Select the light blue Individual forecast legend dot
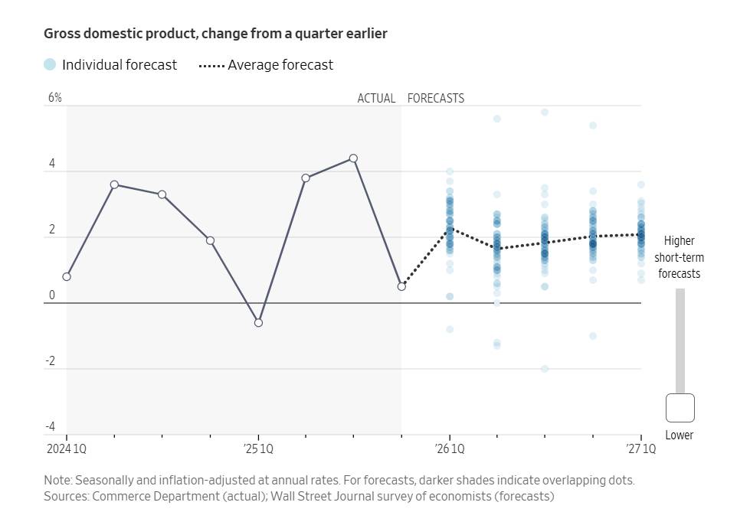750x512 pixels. [50, 65]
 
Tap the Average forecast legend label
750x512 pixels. [280, 65]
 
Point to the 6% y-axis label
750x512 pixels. [55, 98]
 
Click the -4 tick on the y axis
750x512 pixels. [52, 427]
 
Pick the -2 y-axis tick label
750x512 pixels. [52, 361]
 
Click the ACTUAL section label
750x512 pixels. [376, 99]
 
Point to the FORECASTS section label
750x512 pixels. [436, 99]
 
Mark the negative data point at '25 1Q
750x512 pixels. [258, 323]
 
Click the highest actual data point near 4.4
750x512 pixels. [353, 158]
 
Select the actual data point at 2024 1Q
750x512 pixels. [67, 277]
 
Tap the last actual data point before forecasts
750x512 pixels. [401, 286]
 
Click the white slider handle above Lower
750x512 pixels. [680, 408]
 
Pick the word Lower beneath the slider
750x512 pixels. [680, 435]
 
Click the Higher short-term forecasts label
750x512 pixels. [680, 257]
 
